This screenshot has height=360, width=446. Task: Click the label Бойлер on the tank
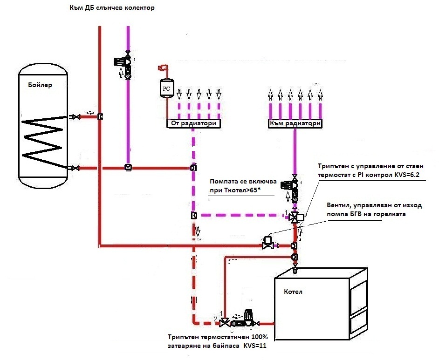click(x=40, y=85)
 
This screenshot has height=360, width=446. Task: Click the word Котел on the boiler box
click(x=293, y=292)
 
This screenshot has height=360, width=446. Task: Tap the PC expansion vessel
click(x=166, y=88)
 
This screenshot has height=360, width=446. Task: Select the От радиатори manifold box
click(x=193, y=123)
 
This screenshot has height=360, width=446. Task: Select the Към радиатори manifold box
click(x=295, y=123)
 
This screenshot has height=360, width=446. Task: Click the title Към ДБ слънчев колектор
click(x=112, y=7)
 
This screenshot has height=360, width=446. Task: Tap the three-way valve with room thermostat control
click(x=296, y=217)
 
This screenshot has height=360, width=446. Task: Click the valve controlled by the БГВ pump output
click(x=268, y=243)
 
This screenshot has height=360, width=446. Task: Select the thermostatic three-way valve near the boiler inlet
click(x=225, y=323)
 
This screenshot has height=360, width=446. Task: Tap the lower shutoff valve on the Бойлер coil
click(x=75, y=168)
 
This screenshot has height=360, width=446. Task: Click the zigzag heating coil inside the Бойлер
click(x=43, y=142)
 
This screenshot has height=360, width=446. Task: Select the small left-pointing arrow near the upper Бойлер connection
click(x=90, y=113)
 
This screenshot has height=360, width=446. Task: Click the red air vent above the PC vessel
click(x=163, y=68)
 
